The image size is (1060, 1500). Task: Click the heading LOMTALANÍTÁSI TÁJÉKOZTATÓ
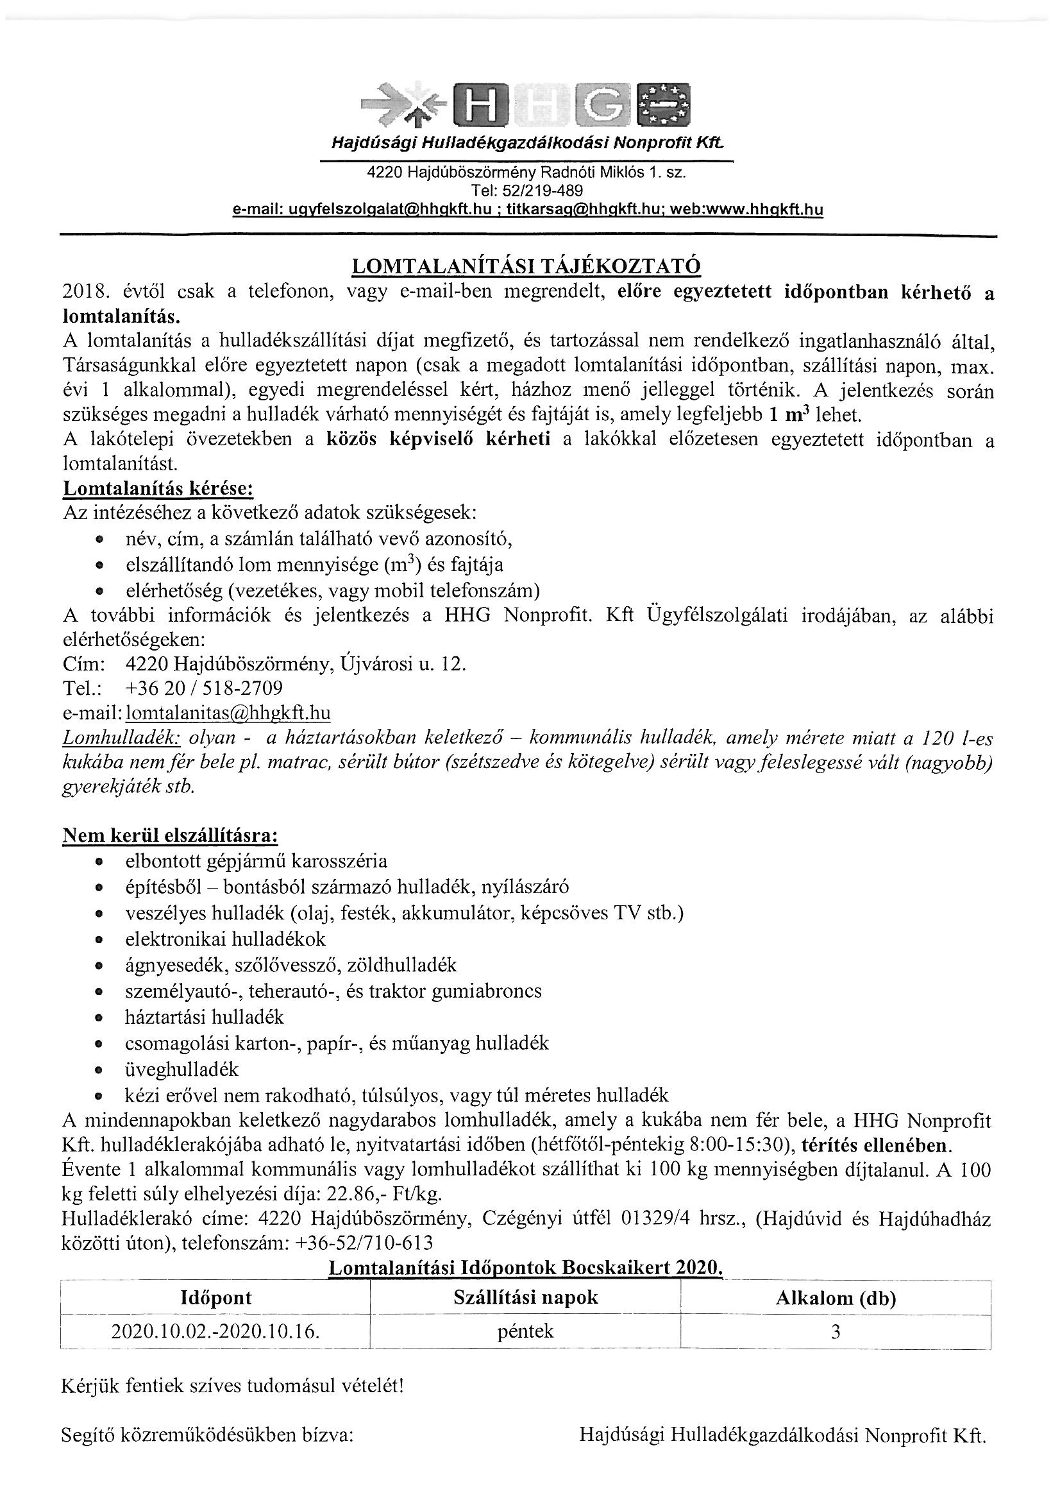[x=526, y=266]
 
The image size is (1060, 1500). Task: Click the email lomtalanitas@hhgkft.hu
[x=228, y=713]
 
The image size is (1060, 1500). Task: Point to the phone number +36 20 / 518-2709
[x=203, y=688]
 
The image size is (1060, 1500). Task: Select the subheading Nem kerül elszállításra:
[x=171, y=835]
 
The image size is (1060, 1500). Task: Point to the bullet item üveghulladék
[x=182, y=1070]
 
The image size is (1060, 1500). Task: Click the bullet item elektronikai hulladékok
[x=225, y=939]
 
